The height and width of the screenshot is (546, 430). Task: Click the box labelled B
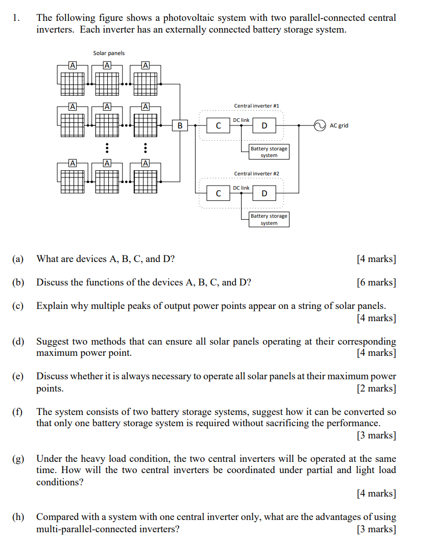pyautogui.click(x=180, y=125)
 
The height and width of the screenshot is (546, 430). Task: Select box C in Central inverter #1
pyautogui.click(x=219, y=125)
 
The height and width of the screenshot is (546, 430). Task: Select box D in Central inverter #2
pyautogui.click(x=264, y=193)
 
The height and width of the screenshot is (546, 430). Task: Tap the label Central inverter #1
pyautogui.click(x=256, y=106)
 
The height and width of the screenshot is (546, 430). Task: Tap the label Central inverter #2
pyautogui.click(x=256, y=174)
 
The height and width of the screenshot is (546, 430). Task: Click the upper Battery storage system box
pyautogui.click(x=269, y=152)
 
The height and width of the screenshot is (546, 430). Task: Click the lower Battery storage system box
pyautogui.click(x=269, y=220)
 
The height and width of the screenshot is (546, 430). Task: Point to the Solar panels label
pyautogui.click(x=109, y=53)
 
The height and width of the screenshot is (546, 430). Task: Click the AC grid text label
pyautogui.click(x=339, y=125)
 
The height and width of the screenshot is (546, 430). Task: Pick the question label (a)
pyautogui.click(x=18, y=259)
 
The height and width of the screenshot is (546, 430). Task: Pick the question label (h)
pyautogui.click(x=18, y=517)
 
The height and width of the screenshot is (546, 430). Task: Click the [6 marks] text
pyautogui.click(x=376, y=282)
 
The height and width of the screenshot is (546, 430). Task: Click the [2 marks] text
pyautogui.click(x=376, y=388)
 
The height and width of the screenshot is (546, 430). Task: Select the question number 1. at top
pyautogui.click(x=16, y=18)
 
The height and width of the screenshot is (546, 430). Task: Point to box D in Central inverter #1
pyautogui.click(x=264, y=125)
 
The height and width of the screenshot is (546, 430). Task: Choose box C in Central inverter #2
pyautogui.click(x=219, y=193)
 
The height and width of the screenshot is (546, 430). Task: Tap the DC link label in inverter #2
pyautogui.click(x=242, y=188)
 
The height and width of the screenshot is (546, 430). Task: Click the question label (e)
pyautogui.click(x=18, y=377)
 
